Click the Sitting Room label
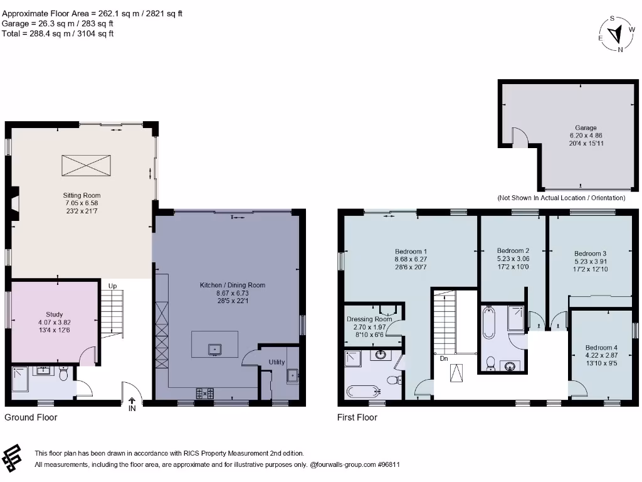coord(82,195)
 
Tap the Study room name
coord(54,314)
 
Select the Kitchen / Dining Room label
coord(232,285)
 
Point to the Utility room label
coord(276,362)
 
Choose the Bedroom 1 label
coord(411,251)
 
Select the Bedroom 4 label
coord(601,348)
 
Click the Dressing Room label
coord(369,319)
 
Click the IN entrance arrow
coord(132,404)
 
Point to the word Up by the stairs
coord(113,286)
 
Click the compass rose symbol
coord(618,33)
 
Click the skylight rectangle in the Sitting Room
coord(85,166)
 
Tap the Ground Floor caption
coord(31,417)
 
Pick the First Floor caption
coord(357,417)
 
